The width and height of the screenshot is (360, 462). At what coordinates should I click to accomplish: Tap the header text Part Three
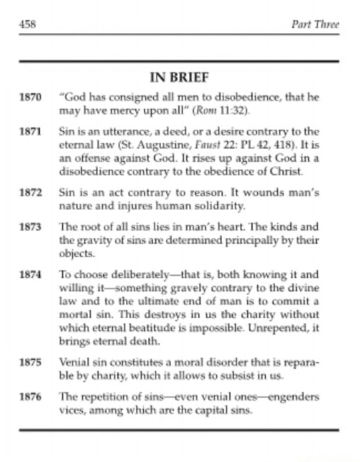point(315,25)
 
